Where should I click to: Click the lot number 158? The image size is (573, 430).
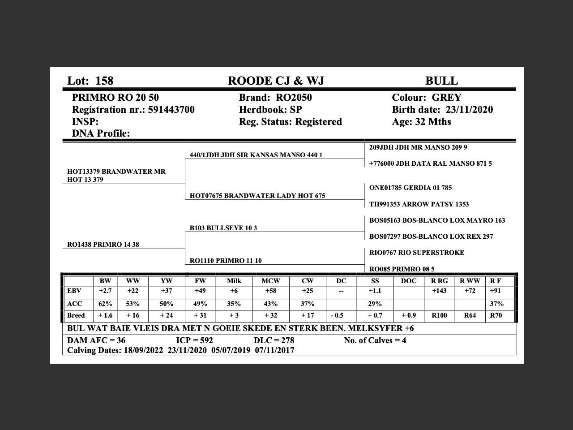[x=104, y=81]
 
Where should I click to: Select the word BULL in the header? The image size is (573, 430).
[x=441, y=81]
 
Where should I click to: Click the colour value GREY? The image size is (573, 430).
[x=446, y=98]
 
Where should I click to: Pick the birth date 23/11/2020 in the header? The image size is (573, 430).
[x=469, y=110]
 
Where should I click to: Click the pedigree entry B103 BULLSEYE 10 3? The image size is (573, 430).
[x=223, y=228]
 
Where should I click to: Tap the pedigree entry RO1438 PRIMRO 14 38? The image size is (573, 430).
[x=103, y=245]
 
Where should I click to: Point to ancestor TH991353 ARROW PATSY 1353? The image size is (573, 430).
[x=419, y=204]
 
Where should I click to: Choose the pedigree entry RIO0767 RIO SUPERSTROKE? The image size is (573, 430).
[x=417, y=253]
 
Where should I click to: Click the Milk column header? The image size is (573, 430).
[x=234, y=281]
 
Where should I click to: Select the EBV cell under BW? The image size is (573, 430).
[x=105, y=291]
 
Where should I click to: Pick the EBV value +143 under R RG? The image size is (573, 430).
[x=439, y=291]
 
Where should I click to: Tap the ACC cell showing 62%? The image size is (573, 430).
[x=105, y=304]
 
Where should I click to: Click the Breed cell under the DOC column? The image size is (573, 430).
[x=409, y=315]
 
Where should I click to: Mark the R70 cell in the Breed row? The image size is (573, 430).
[x=496, y=315]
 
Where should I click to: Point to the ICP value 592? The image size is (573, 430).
[x=205, y=340]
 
